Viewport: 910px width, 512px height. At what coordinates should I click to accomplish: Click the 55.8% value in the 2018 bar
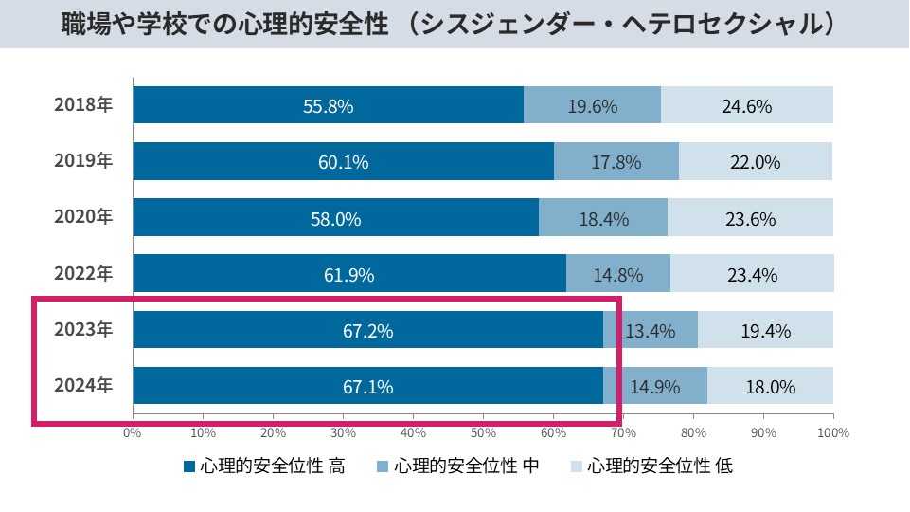(x=328, y=106)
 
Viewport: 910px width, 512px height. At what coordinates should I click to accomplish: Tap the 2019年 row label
(x=83, y=160)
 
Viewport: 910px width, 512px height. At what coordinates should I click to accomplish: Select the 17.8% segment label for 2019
(x=616, y=162)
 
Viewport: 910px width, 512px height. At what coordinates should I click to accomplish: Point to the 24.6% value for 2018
(x=746, y=106)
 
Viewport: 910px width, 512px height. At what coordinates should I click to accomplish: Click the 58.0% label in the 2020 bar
(x=335, y=219)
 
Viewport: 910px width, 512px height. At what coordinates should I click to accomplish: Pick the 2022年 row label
(x=83, y=273)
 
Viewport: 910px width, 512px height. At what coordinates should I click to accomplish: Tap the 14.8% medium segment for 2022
(x=618, y=276)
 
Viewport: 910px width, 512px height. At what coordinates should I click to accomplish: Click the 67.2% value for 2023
(x=367, y=332)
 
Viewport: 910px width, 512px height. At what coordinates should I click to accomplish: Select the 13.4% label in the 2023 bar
(x=651, y=332)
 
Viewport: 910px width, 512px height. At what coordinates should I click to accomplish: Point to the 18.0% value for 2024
(x=770, y=387)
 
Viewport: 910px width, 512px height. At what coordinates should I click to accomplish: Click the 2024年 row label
(x=83, y=385)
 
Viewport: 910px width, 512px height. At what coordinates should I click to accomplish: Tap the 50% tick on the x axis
(x=483, y=432)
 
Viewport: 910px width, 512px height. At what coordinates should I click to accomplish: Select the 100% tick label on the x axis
(x=833, y=432)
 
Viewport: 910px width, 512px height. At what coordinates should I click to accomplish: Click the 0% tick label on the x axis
(x=133, y=432)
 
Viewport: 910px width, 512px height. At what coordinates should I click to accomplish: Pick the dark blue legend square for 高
(x=188, y=466)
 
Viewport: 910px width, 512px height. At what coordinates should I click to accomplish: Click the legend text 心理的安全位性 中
(x=467, y=466)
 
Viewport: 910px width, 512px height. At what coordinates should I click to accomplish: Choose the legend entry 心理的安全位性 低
(x=659, y=466)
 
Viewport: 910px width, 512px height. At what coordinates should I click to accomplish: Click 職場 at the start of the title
(x=82, y=23)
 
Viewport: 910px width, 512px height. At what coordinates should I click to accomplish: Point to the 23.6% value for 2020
(x=750, y=219)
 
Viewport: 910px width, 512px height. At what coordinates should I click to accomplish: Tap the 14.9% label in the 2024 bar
(x=655, y=387)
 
